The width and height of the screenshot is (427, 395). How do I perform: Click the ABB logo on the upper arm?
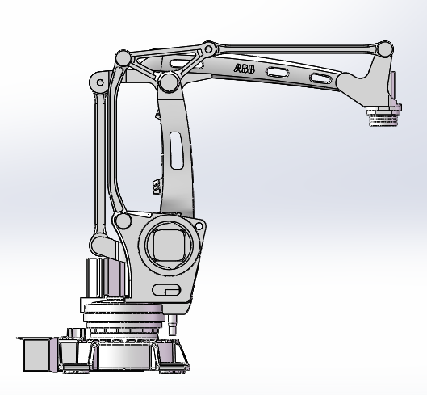[x=245, y=69]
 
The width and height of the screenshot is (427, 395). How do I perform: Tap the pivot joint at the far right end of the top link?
[x=384, y=49]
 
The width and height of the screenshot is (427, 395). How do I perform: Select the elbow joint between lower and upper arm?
[x=169, y=82]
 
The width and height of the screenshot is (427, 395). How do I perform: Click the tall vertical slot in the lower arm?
[x=176, y=150]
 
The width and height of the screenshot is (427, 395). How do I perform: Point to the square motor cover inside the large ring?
[x=170, y=245]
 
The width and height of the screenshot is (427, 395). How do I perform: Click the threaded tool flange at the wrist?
[x=383, y=116]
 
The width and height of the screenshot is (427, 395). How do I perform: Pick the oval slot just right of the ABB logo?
[x=277, y=73]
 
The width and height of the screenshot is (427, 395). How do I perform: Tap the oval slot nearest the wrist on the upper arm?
[x=320, y=78]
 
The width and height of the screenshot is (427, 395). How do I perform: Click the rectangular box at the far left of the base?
[x=36, y=354]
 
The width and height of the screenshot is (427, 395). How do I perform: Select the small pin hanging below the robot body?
[x=172, y=325]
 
